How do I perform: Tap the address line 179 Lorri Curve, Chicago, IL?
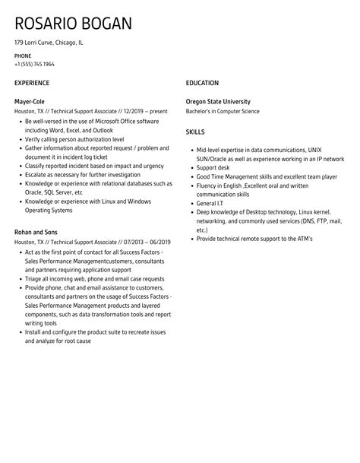(x=49, y=43)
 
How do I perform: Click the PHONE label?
(x=23, y=56)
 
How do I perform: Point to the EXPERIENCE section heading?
(x=32, y=83)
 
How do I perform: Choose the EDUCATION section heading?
(x=202, y=83)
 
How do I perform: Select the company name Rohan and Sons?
(x=36, y=232)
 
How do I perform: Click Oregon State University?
(x=218, y=101)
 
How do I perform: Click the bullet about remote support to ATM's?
(x=259, y=239)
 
